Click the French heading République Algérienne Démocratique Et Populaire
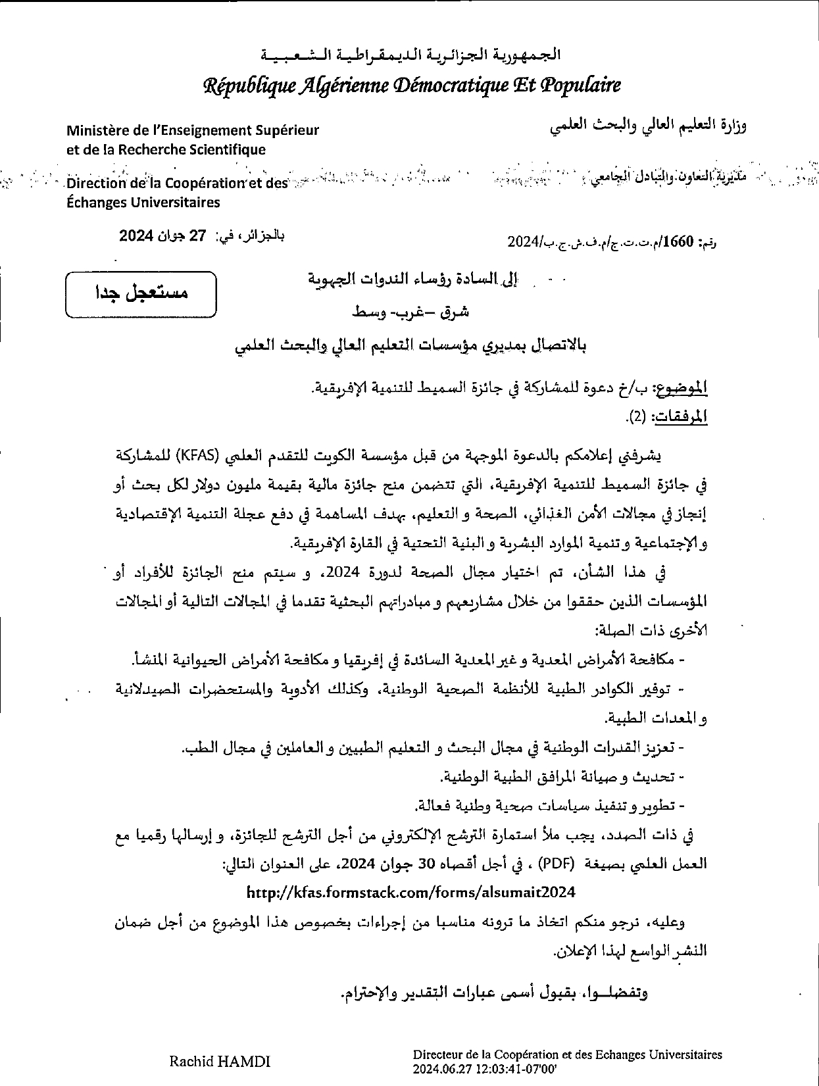[412, 86]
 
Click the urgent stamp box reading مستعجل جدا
[141, 293]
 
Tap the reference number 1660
[680, 242]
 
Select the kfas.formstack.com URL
[411, 893]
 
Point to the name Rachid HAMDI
[220, 1061]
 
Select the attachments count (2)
[637, 416]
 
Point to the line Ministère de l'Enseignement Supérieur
[193, 130]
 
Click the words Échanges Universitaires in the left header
[143, 203]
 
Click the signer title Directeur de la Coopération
[567, 1054]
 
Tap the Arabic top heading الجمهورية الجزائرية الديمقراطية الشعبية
[411, 55]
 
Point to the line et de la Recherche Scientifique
[166, 149]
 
